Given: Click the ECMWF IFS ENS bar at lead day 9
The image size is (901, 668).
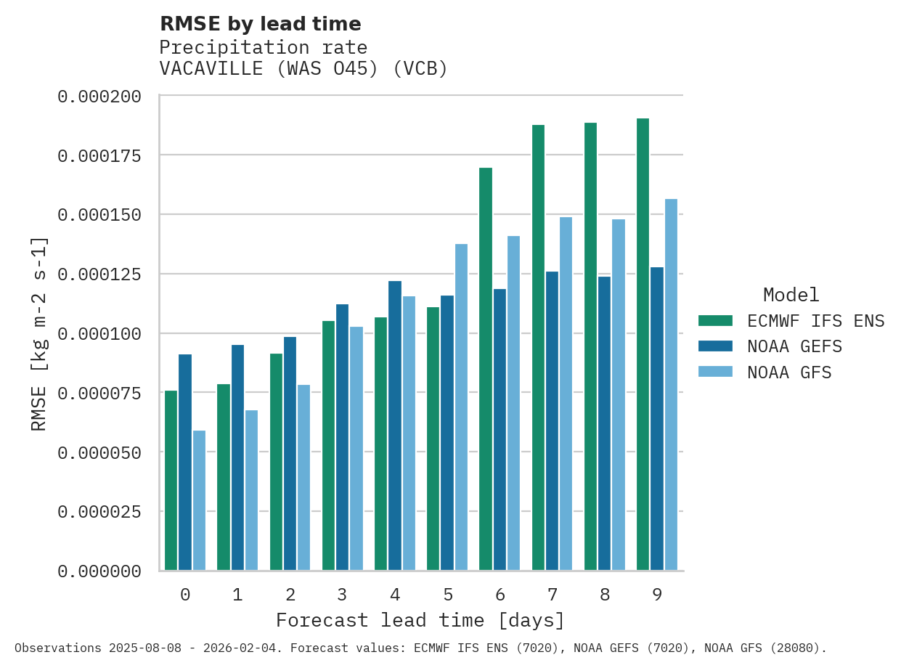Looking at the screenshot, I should [x=643, y=344].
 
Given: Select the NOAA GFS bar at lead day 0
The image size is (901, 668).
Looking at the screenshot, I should [x=199, y=500].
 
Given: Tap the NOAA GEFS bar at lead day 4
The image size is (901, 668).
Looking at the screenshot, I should [x=395, y=425].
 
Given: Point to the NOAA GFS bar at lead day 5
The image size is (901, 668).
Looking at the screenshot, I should [x=461, y=407].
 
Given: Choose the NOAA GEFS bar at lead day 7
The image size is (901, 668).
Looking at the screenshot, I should [x=553, y=421].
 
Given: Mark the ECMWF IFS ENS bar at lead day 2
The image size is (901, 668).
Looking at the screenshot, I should [x=276, y=462].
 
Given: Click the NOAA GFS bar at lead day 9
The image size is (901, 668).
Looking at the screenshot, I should [x=671, y=385].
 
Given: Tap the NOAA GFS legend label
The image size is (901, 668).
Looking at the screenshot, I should [x=789, y=372].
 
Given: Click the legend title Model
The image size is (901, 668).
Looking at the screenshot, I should [x=791, y=295].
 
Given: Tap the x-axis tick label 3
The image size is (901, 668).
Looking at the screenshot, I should [x=343, y=595].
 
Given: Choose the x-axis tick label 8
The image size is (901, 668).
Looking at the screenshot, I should [x=605, y=595].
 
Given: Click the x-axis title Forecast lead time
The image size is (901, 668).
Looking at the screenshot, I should [x=420, y=621].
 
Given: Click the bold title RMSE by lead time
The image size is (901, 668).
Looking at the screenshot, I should [x=260, y=24].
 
